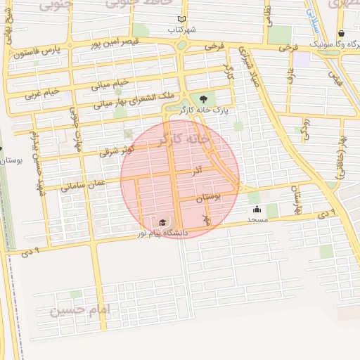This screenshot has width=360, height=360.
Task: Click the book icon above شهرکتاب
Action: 182,20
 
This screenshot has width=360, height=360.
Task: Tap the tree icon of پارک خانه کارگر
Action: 203,100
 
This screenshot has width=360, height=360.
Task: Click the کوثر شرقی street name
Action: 117,148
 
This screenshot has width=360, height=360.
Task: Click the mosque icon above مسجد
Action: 257,209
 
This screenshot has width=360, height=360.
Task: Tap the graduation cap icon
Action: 163,222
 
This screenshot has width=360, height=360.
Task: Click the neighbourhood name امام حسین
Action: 82,309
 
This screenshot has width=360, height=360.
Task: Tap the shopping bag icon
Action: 341,33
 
